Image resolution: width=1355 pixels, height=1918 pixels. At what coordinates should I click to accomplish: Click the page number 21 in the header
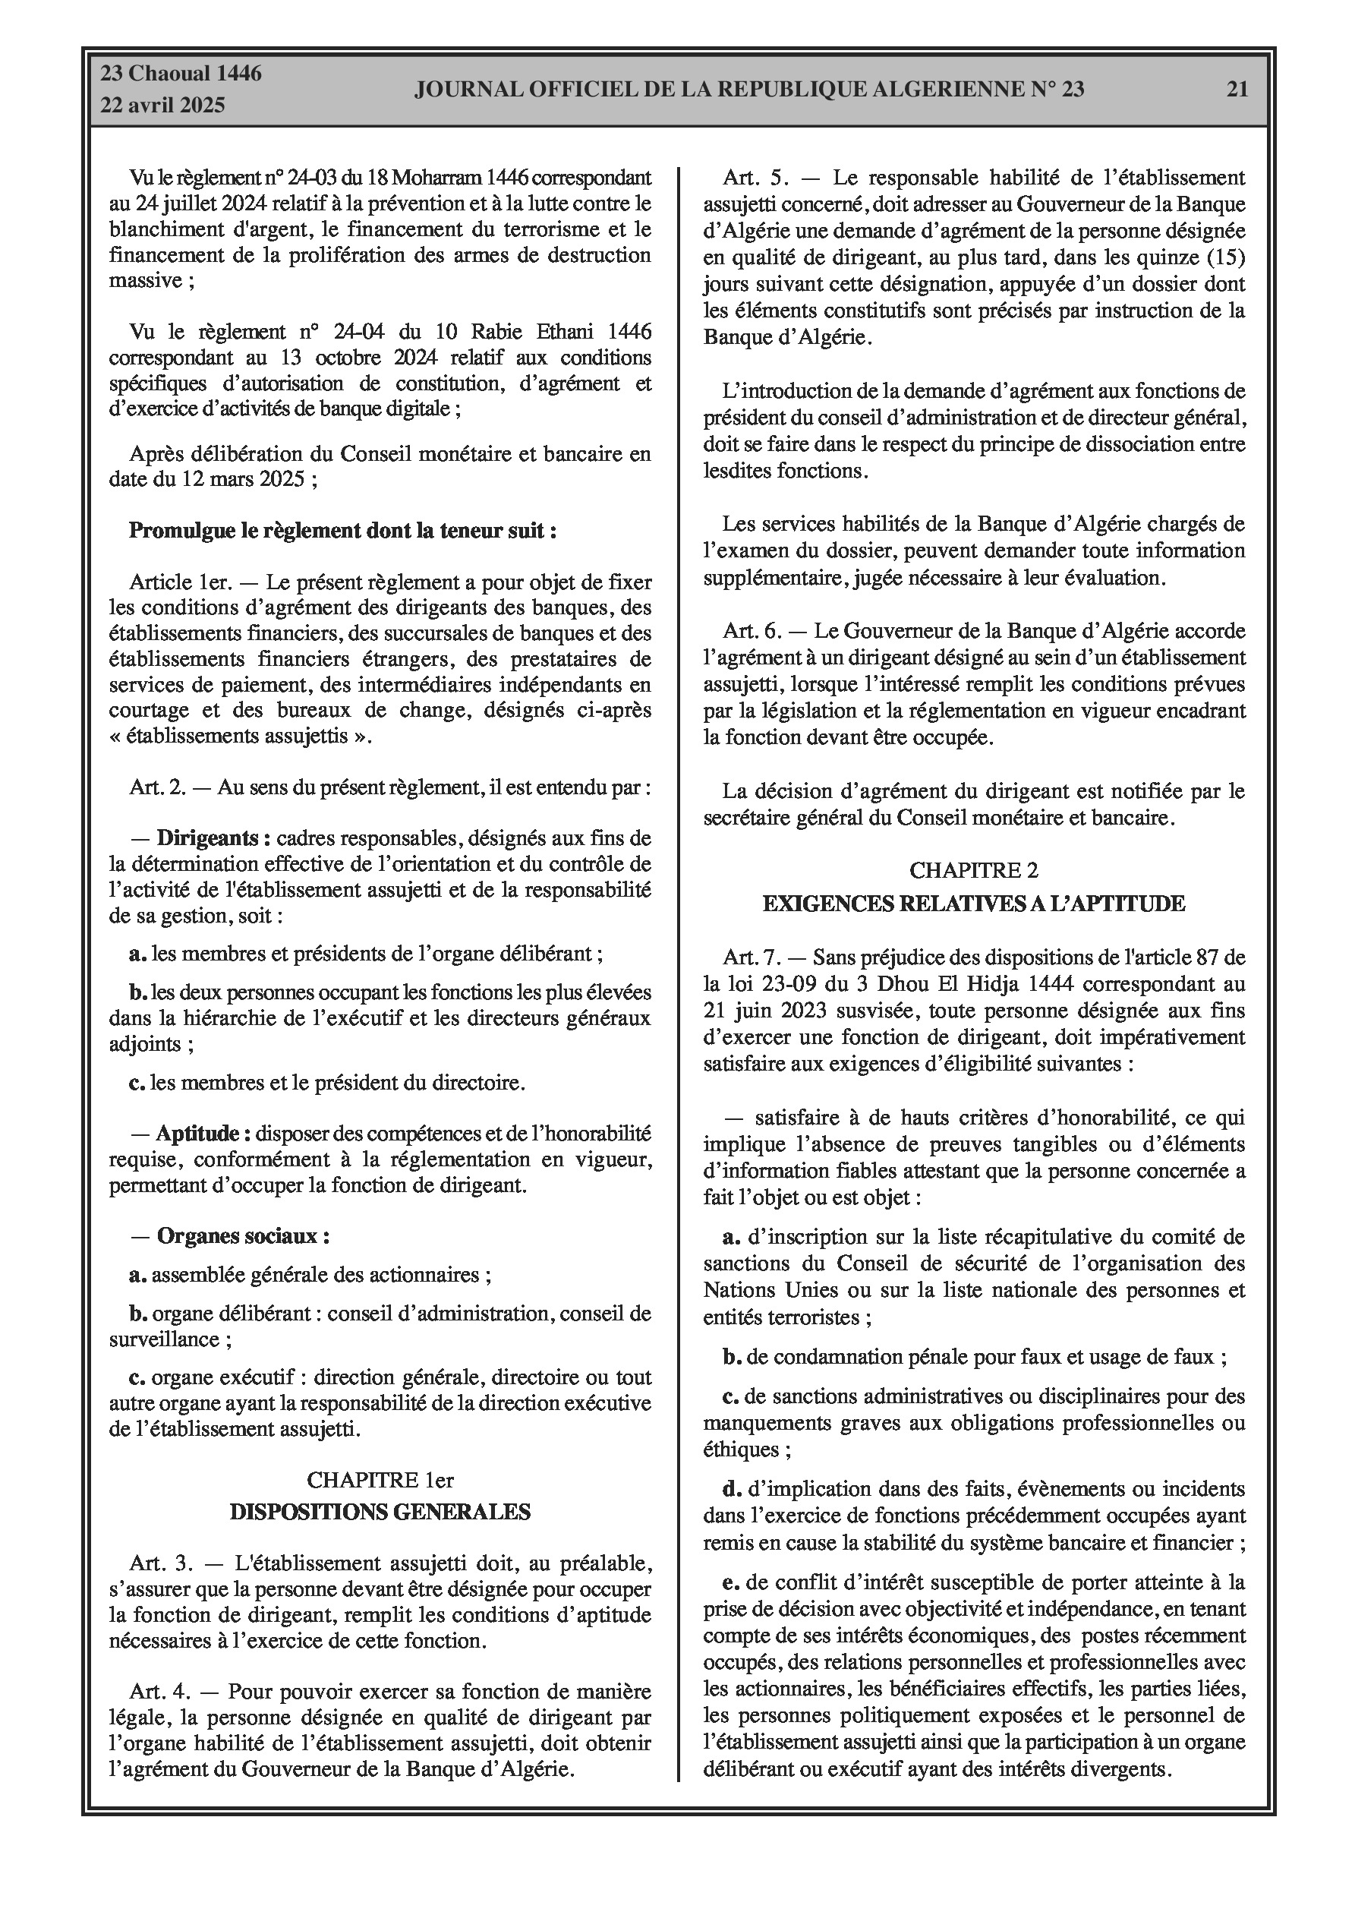pyautogui.click(x=1237, y=90)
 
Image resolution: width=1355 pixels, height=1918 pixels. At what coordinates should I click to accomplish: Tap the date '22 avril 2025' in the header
pyautogui.click(x=163, y=105)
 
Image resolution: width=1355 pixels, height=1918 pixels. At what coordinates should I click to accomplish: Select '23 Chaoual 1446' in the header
pyautogui.click(x=181, y=74)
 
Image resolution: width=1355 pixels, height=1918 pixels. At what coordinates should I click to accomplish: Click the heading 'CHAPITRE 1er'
pyautogui.click(x=380, y=1479)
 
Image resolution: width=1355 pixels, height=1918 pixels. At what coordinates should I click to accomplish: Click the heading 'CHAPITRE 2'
pyautogui.click(x=973, y=870)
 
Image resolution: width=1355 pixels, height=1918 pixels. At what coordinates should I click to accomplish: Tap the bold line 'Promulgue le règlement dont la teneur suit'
pyautogui.click(x=342, y=531)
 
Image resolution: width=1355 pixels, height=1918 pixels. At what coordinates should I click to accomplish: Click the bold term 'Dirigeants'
pyautogui.click(x=213, y=838)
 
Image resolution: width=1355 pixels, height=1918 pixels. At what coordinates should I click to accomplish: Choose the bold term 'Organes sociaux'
pyautogui.click(x=242, y=1235)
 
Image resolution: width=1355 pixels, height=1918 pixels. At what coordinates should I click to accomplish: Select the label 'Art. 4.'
pyautogui.click(x=161, y=1692)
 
